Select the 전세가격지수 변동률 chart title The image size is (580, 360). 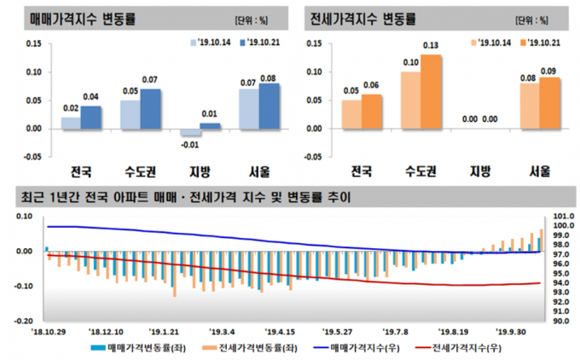click(x=363, y=17)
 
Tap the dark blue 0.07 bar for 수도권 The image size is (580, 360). click(x=150, y=109)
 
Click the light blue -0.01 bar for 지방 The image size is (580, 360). click(x=190, y=132)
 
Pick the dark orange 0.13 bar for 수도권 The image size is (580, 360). click(x=431, y=92)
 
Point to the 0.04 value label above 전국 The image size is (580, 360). click(x=90, y=96)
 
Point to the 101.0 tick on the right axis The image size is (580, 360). click(x=563, y=217)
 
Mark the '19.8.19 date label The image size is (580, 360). click(x=454, y=332)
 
